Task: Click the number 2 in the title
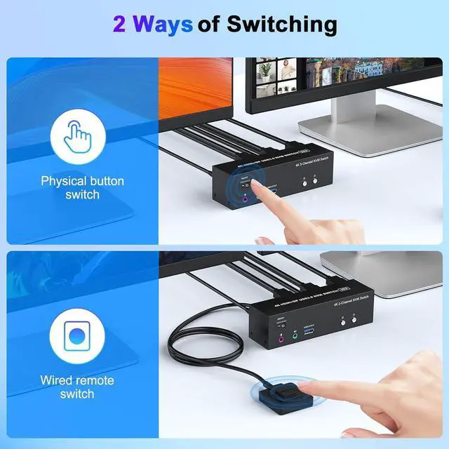coord(120,25)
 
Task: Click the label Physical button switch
coord(82,187)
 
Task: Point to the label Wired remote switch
coord(76,387)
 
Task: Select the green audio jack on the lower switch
coord(295,336)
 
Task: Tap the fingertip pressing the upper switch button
coord(257,189)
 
